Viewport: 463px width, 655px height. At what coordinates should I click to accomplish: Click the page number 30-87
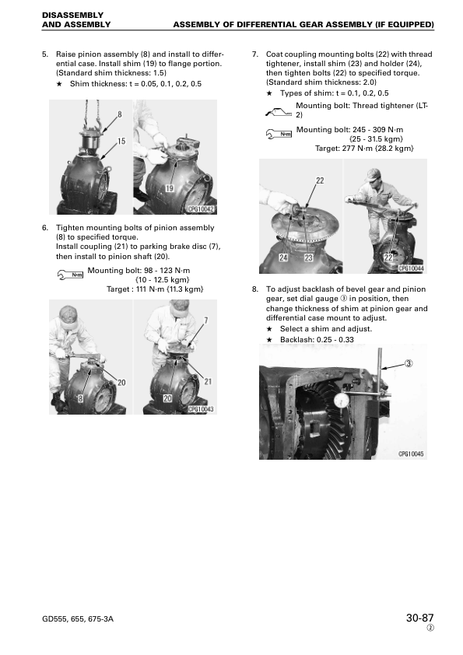point(419,618)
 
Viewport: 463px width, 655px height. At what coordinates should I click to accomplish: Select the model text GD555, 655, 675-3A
point(78,618)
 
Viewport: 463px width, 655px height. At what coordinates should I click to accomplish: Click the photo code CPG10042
point(201,208)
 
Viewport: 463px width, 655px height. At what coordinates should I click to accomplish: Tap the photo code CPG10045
point(411,454)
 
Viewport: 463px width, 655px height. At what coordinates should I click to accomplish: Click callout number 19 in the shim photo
point(169,188)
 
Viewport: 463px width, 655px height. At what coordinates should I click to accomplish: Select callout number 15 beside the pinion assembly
point(121,142)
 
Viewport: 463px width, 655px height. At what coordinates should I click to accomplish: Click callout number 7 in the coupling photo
point(205,320)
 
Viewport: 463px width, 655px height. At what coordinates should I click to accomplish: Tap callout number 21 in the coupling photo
point(208,381)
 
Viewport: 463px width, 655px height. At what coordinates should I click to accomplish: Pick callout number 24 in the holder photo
point(283,257)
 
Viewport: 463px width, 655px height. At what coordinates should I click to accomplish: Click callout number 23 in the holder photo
point(308,257)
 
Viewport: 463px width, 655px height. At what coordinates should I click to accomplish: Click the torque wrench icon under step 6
point(70,275)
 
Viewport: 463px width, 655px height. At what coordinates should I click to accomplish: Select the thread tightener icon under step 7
point(279,112)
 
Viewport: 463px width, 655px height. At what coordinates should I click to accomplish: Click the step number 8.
point(255,289)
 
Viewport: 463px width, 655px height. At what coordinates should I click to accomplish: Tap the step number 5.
point(45,54)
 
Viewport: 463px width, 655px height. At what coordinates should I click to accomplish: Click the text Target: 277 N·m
point(344,149)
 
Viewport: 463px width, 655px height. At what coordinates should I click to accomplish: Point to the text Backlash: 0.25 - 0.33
point(317,340)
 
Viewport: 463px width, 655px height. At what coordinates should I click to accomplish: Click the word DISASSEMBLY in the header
point(72,16)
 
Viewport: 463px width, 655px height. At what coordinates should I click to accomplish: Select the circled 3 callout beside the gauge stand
point(409,363)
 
